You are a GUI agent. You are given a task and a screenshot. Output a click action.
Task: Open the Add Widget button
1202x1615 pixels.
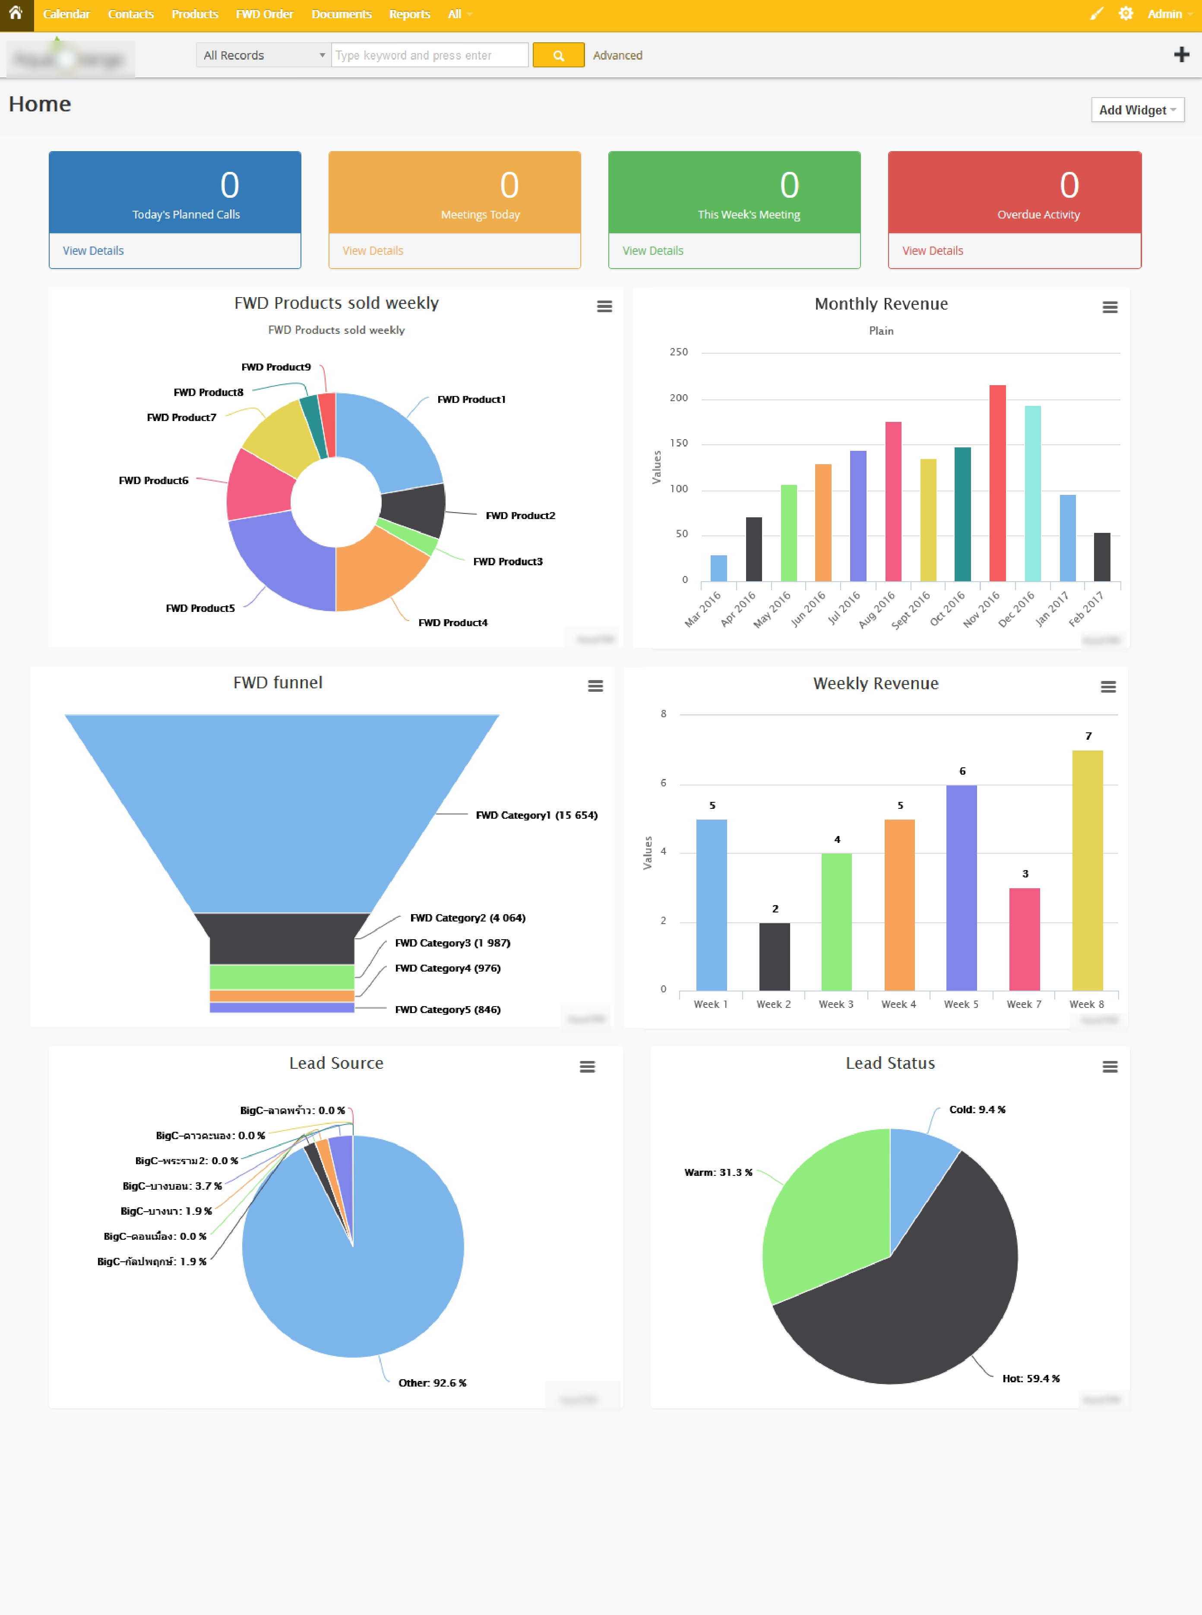(1137, 110)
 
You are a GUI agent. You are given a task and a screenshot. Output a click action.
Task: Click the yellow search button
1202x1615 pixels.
(558, 55)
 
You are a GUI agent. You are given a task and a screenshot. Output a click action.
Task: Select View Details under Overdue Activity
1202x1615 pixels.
(932, 250)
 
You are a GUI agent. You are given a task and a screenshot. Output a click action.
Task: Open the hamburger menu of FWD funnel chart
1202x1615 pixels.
(595, 686)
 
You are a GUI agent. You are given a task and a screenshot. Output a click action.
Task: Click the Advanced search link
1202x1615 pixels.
(617, 55)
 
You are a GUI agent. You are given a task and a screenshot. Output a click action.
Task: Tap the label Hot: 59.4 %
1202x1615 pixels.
(1030, 1378)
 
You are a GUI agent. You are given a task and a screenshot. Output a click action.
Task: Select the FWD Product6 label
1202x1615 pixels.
(154, 480)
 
